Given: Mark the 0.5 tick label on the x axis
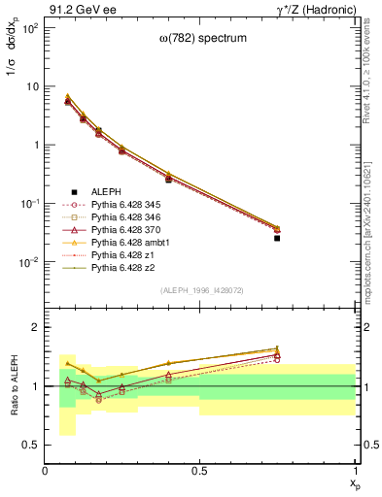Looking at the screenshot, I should tap(200, 471).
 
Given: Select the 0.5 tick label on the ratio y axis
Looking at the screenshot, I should tap(31, 445).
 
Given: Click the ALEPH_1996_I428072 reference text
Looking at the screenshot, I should tap(201, 290).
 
